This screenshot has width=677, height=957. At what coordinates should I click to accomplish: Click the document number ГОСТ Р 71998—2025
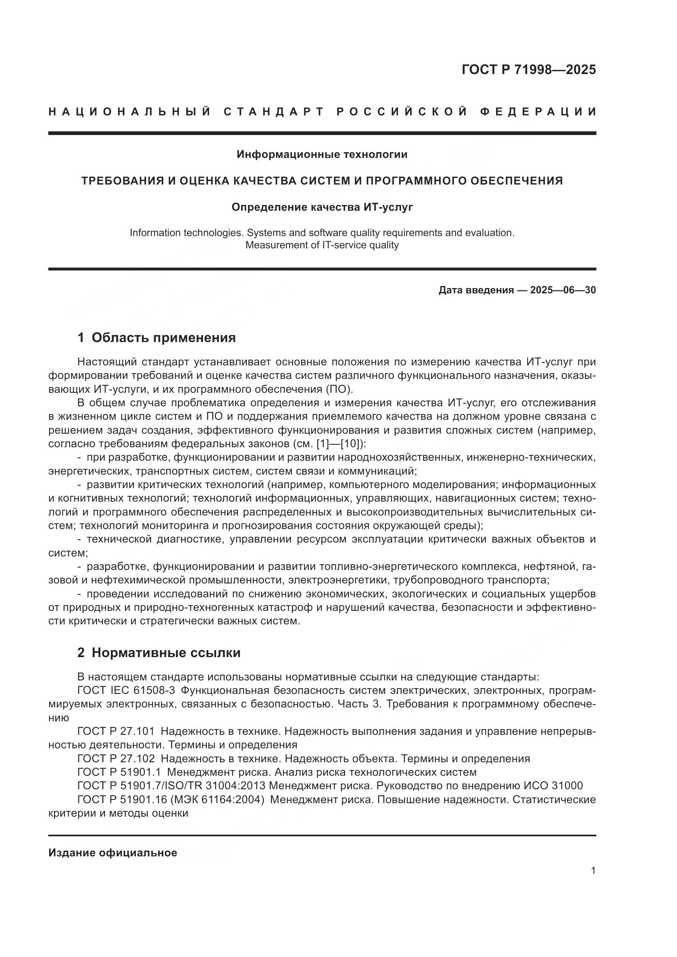point(528,70)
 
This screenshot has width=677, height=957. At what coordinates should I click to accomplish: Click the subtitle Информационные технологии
point(322,155)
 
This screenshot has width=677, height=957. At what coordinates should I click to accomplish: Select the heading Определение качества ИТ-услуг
point(322,207)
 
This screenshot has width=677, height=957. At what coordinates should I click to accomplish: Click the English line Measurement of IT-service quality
point(322,245)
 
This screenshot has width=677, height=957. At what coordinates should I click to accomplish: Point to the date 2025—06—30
point(563,290)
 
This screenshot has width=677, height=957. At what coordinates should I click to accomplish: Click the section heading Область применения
point(163,338)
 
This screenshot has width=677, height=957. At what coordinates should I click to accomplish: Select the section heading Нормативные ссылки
point(166,653)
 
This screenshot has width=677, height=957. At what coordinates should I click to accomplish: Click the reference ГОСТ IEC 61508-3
point(126,690)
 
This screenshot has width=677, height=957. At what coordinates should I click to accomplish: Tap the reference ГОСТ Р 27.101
point(116,731)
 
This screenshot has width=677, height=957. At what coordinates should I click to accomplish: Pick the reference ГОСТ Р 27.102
point(116,759)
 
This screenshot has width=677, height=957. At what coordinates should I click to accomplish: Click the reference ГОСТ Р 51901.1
point(119,772)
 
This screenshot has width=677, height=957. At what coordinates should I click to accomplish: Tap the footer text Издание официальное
point(113,853)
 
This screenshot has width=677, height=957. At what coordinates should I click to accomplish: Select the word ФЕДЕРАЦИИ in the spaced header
point(538,112)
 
